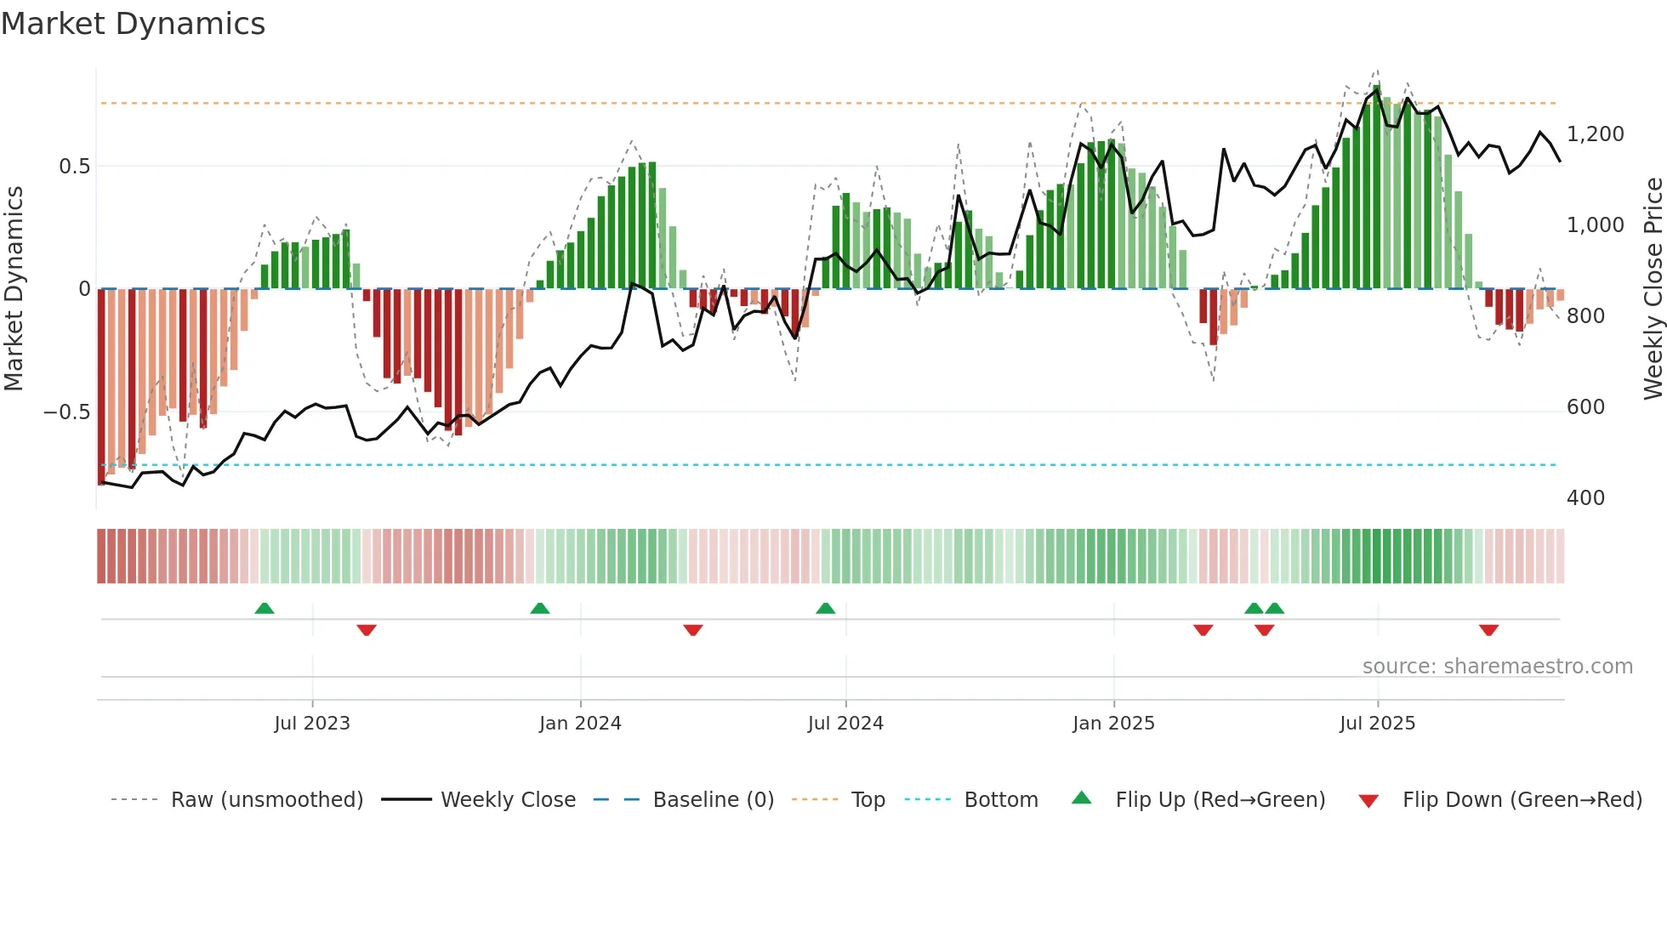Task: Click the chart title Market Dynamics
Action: [133, 24]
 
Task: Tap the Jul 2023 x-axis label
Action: [312, 724]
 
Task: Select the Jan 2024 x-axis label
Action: [580, 724]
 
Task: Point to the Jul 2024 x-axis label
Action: [845, 724]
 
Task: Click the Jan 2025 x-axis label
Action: [1113, 724]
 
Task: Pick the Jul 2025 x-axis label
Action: [1377, 724]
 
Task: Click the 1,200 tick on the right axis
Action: [1595, 134]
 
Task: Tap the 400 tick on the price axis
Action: [1585, 498]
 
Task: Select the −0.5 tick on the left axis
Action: [67, 412]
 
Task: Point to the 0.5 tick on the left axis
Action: [74, 167]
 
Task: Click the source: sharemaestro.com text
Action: [1497, 667]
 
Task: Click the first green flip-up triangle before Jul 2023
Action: [265, 608]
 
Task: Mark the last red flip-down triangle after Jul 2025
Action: [1488, 630]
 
